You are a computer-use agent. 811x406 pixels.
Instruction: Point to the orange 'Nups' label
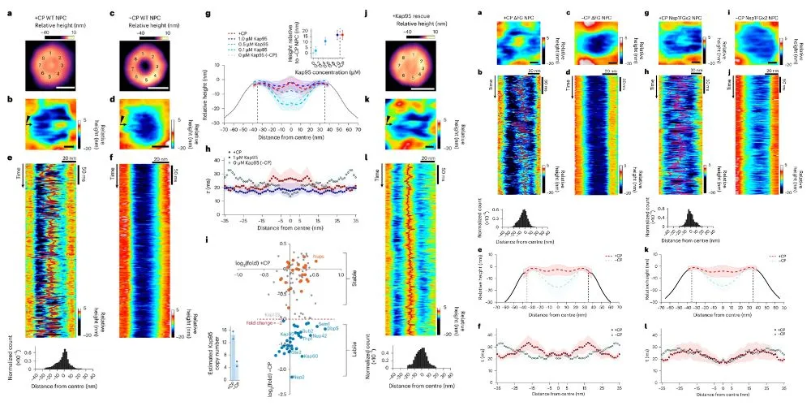pos(320,257)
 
